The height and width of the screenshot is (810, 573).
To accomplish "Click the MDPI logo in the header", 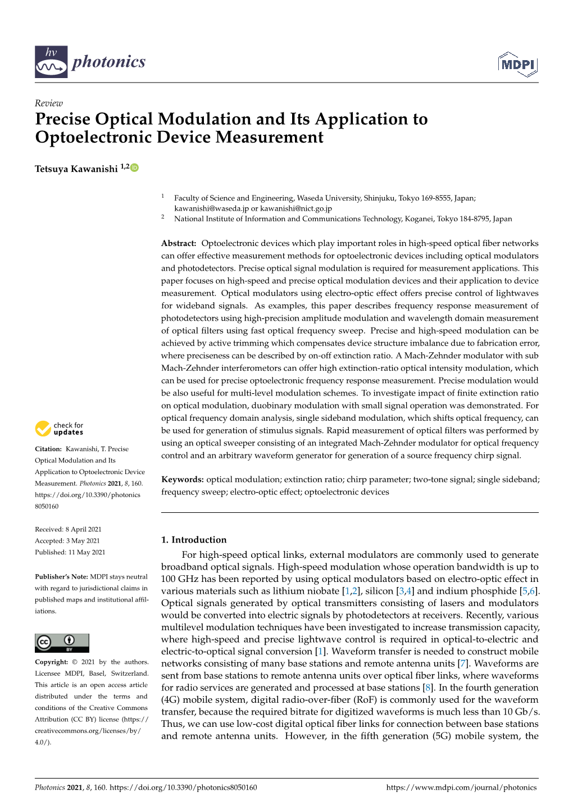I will [x=517, y=63].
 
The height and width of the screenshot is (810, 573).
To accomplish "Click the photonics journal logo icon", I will [x=51, y=61].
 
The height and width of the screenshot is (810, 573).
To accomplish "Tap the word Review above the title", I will [x=49, y=103].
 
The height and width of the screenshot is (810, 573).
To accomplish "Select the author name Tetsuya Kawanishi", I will [x=76, y=169].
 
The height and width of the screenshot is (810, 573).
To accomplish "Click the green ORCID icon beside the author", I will [x=135, y=167].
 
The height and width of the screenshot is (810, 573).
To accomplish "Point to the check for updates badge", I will [x=60, y=429].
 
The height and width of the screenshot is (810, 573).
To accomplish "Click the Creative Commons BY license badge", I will [x=62, y=643].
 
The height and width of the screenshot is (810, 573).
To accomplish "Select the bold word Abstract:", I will [x=179, y=243].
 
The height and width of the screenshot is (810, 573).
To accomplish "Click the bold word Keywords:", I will [x=183, y=479].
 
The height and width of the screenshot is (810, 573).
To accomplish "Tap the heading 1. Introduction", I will [x=194, y=539].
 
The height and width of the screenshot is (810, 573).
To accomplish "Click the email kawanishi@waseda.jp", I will [x=211, y=208].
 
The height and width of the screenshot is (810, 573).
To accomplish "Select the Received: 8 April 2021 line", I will [x=68, y=529].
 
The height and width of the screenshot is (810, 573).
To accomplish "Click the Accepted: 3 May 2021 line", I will [x=67, y=540].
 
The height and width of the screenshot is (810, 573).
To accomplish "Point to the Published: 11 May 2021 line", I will [x=70, y=552].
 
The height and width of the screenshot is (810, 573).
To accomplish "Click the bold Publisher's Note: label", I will [x=61, y=576].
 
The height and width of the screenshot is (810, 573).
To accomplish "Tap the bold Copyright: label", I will [x=52, y=662].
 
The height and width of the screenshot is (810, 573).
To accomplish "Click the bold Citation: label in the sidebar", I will [x=48, y=449].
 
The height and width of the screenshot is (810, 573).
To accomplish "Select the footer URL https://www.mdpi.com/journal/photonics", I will [x=461, y=787].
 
